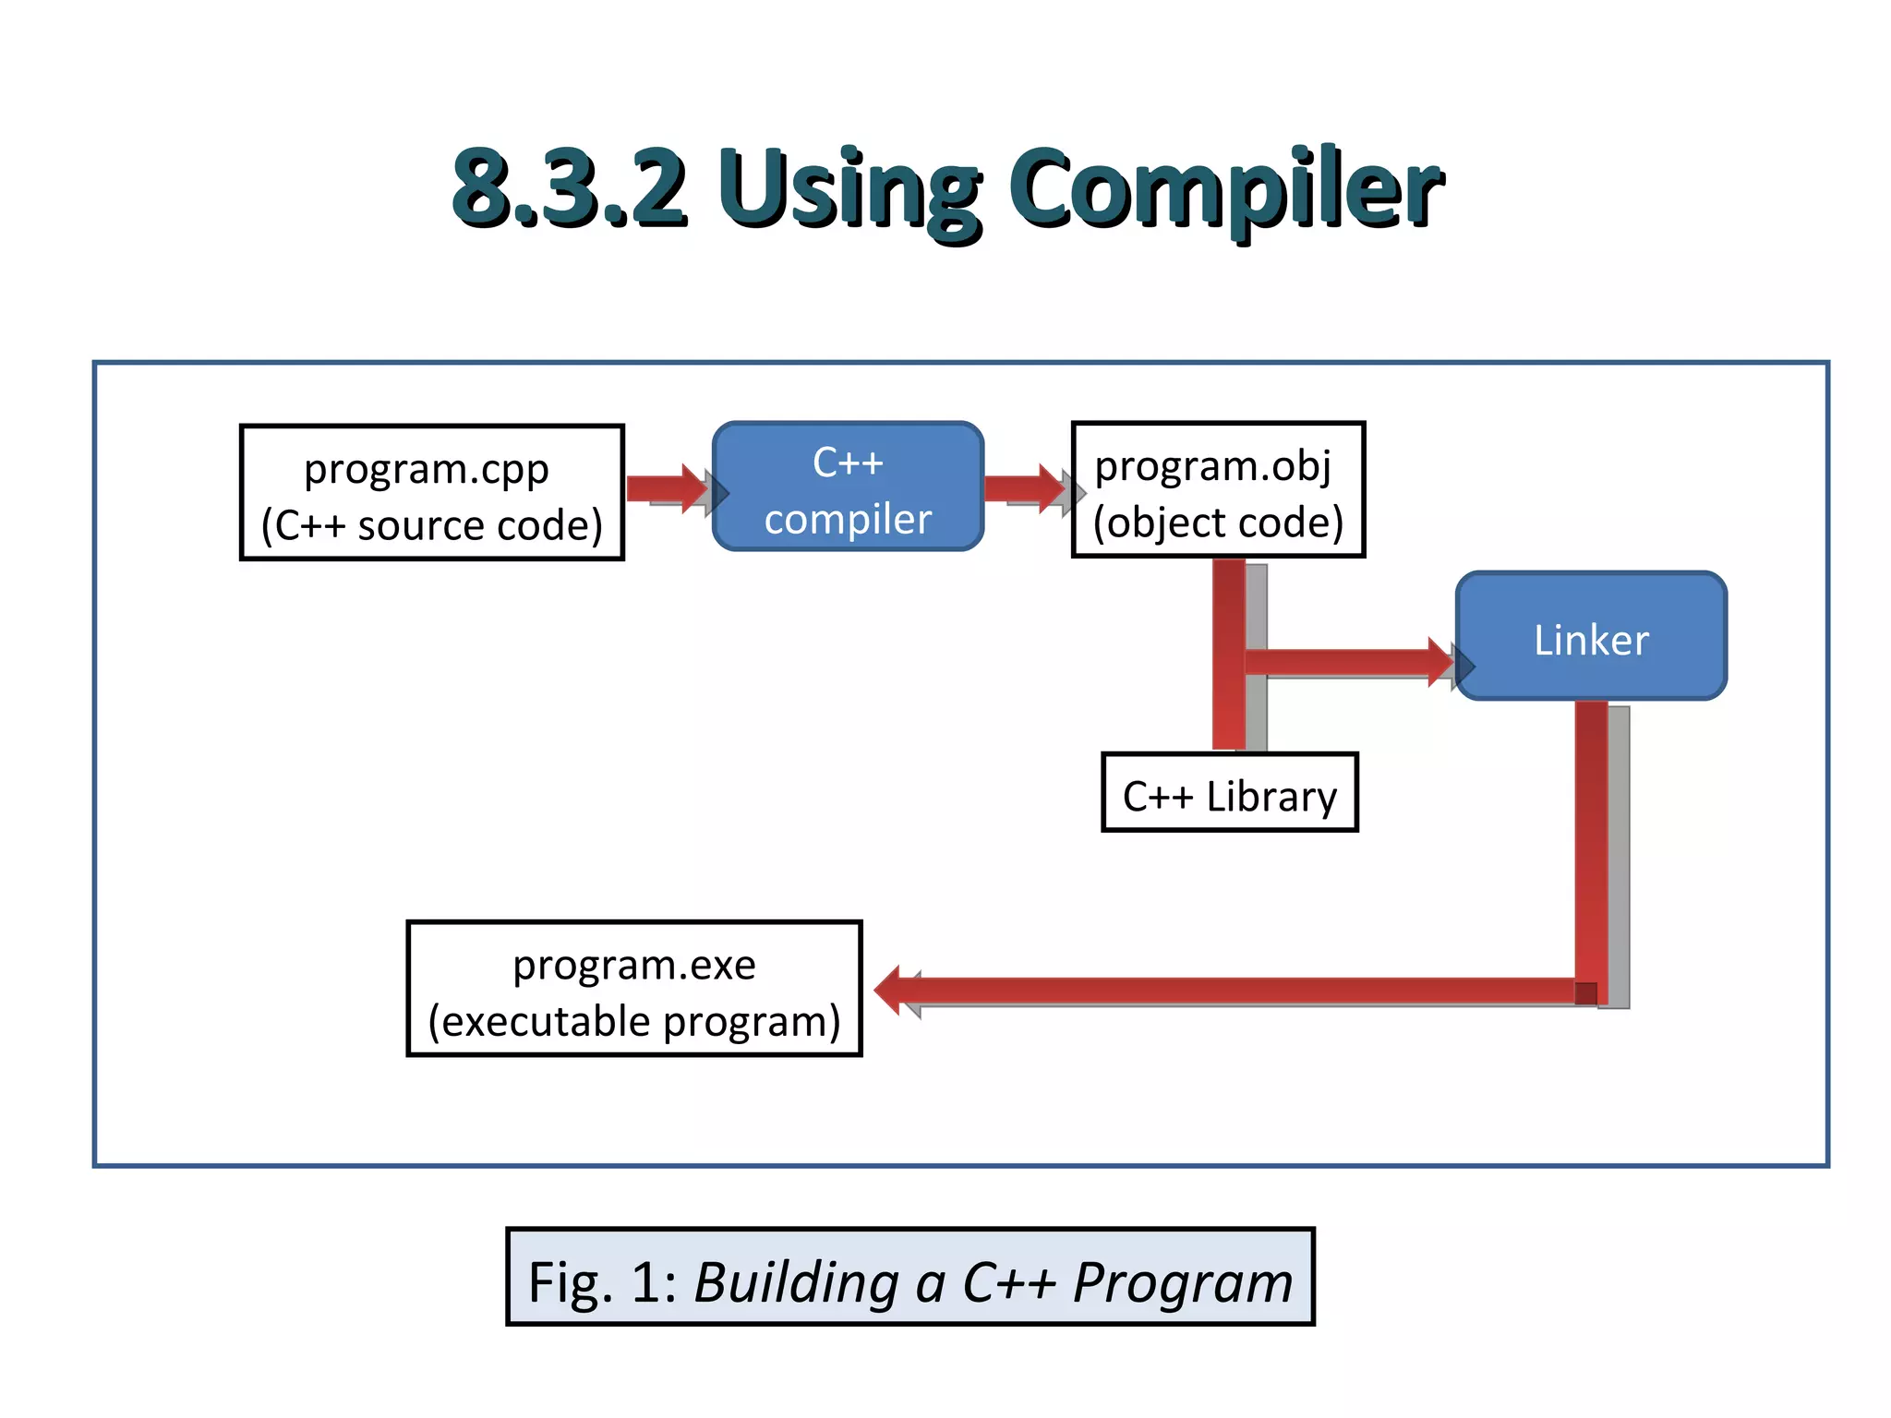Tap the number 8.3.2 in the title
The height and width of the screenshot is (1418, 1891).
[569, 189]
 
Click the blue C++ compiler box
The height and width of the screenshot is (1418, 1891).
[848, 487]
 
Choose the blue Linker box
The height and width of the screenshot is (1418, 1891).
[1590, 637]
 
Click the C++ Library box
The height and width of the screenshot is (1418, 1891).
[1229, 794]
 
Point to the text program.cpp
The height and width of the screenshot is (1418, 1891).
[427, 469]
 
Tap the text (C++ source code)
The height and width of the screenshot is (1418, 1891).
[431, 525]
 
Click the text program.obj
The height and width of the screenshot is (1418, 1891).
[1212, 465]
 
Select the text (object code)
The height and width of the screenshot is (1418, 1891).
[1217, 523]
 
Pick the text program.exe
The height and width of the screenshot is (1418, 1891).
[634, 966]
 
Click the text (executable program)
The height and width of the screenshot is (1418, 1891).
[634, 1022]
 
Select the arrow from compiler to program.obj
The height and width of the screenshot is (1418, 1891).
[1023, 488]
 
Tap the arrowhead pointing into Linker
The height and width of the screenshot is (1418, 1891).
[1443, 662]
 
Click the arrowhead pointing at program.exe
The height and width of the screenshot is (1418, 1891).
[888, 991]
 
